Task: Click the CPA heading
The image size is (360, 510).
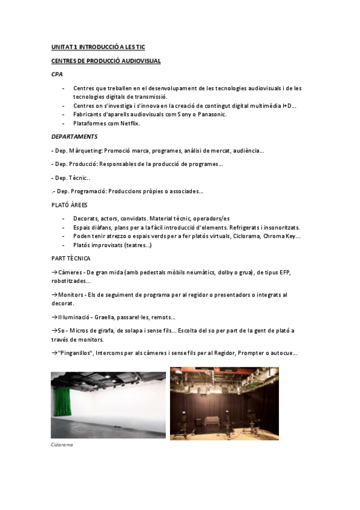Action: [x=56, y=75]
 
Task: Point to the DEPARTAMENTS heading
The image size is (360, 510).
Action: [x=74, y=137]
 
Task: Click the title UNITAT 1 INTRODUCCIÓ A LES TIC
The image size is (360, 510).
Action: [x=98, y=47]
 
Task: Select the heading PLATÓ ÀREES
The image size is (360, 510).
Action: [x=69, y=205]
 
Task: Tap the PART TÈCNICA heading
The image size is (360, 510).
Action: [x=71, y=259]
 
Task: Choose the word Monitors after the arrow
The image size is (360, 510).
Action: [x=70, y=295]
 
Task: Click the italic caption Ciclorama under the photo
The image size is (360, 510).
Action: [x=63, y=446]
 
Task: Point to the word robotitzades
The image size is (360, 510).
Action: [x=71, y=281]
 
